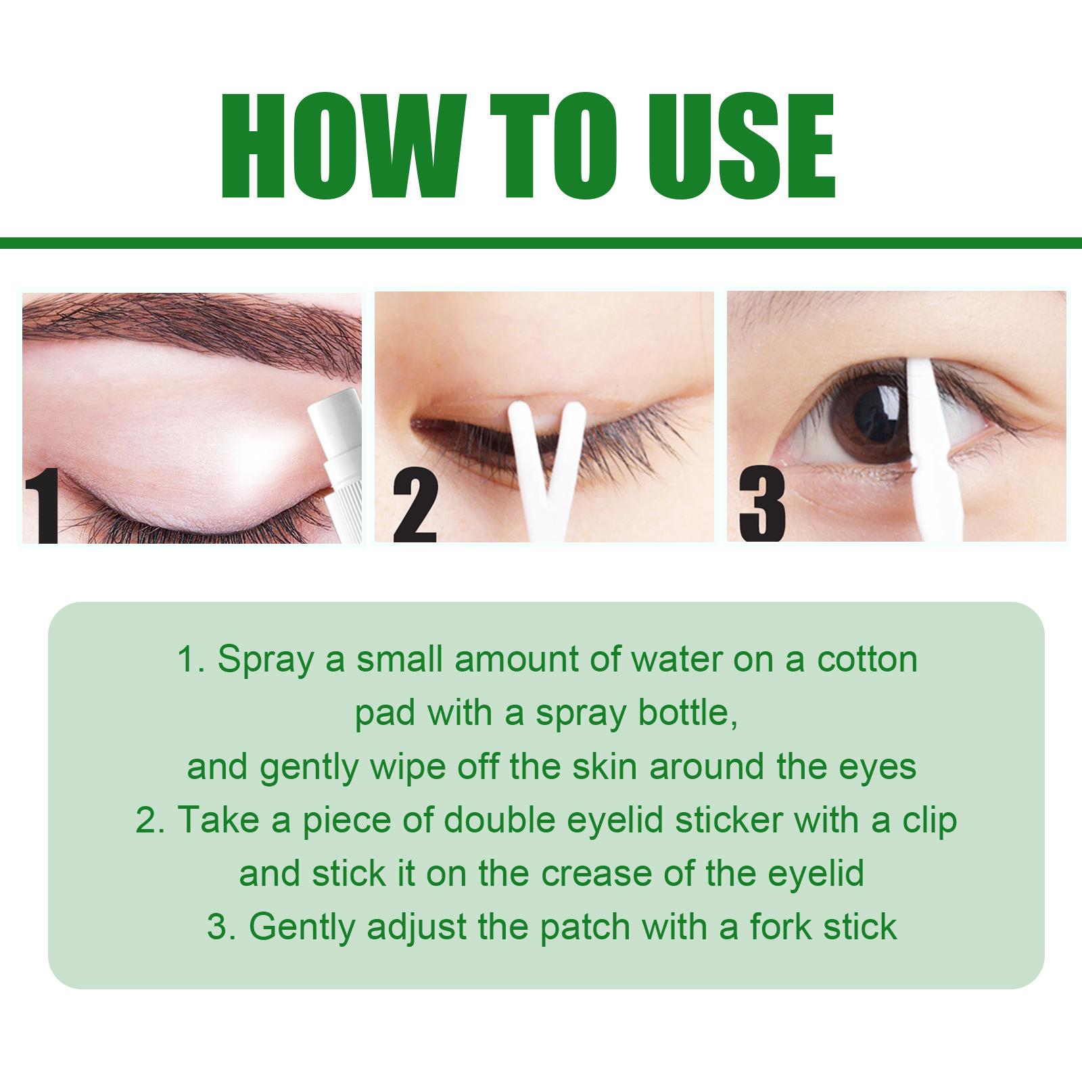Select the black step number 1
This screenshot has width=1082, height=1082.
40,509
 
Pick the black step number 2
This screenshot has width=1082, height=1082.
414,508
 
